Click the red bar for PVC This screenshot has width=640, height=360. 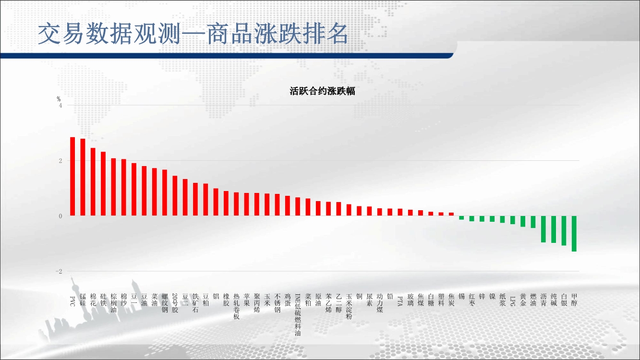[72, 176]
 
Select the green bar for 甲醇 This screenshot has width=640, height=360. [574, 233]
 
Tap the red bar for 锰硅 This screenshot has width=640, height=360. [83, 177]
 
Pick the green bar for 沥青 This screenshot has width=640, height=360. [543, 229]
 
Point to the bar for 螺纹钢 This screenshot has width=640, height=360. [165, 192]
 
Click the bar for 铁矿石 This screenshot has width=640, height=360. [195, 199]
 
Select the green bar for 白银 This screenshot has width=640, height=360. [564, 230]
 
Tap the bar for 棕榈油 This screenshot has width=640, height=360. [113, 187]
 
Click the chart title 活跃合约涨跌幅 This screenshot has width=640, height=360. [322, 91]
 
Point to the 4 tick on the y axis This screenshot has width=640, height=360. [60, 106]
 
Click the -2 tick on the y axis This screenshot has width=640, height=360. [59, 271]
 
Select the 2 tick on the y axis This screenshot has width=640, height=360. [60, 161]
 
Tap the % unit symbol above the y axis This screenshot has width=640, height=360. [59, 99]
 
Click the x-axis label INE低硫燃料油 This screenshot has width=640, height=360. [298, 314]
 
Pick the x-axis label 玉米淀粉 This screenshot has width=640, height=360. [349, 306]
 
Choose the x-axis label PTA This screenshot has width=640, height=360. [400, 301]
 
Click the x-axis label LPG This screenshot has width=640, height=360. [513, 301]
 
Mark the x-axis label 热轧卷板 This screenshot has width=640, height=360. [236, 306]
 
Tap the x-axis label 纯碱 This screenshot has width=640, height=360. [554, 300]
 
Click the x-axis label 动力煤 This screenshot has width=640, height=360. [380, 303]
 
